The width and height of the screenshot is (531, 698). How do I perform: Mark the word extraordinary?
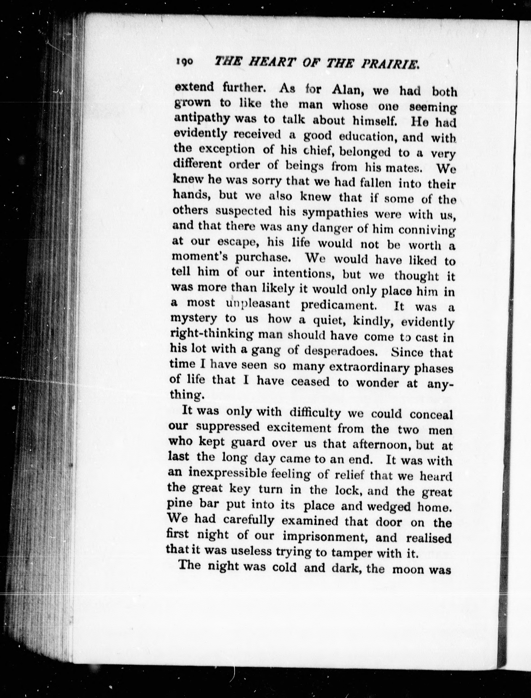click(x=370, y=367)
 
